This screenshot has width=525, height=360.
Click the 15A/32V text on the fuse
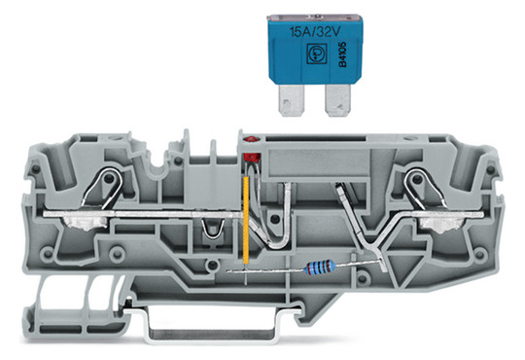point(315,32)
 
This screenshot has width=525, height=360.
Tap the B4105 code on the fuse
point(342,54)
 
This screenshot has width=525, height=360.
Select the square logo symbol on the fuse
point(315,53)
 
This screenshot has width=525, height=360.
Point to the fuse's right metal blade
point(337,100)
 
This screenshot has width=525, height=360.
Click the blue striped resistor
point(320,269)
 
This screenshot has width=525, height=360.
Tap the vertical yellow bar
point(246,220)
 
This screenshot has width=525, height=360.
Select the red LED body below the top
point(252,158)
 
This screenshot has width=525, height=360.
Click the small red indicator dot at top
point(249,140)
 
